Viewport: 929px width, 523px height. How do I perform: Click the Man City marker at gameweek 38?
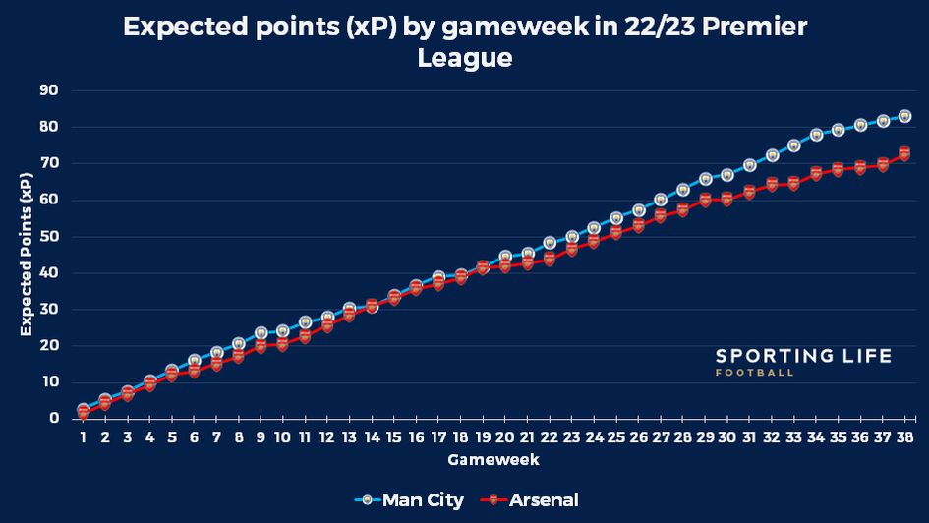(x=904, y=116)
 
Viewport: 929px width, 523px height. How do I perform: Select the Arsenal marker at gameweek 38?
(x=904, y=154)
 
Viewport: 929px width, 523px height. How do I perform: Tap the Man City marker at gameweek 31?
(x=749, y=165)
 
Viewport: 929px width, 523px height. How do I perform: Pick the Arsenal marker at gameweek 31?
(x=749, y=193)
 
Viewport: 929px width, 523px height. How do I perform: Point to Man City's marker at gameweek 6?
(x=195, y=361)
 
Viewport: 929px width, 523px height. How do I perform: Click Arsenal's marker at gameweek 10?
(x=283, y=344)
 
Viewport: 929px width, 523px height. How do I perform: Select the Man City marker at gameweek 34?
(x=816, y=135)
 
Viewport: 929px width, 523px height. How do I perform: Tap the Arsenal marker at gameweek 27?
(x=661, y=216)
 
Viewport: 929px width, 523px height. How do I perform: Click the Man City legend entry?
(x=411, y=500)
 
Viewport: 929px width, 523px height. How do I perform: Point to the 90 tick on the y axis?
(x=49, y=90)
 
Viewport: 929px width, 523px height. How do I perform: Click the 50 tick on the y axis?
(x=49, y=237)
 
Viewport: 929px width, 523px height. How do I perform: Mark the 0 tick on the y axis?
(x=54, y=419)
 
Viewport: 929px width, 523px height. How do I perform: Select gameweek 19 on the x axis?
(x=483, y=436)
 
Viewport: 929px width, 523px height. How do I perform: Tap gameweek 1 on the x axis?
(x=84, y=436)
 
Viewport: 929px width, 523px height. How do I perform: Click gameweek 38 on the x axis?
(x=904, y=436)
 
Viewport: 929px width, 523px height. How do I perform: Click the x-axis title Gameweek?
(x=494, y=459)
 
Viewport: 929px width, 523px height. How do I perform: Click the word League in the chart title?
(x=464, y=58)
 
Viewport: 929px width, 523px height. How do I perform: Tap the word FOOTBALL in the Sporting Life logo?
(x=755, y=373)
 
